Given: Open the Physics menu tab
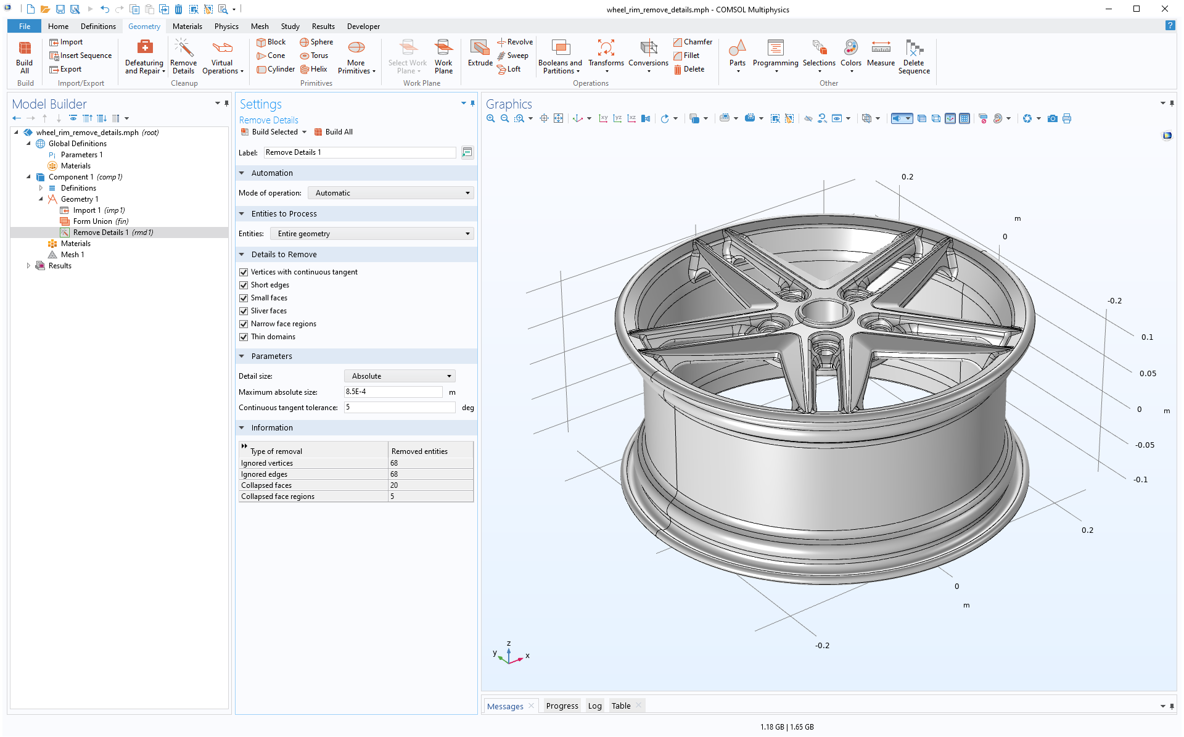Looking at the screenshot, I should point(226,27).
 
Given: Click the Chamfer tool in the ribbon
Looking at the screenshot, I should point(693,42).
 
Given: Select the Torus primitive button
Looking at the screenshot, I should point(314,56).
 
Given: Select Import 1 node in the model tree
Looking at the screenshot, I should point(86,210).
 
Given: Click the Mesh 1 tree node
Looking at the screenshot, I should point(72,255).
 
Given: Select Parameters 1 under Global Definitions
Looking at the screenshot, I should point(81,155).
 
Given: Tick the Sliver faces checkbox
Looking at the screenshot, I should point(244,311).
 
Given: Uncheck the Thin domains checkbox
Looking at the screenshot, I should point(244,337).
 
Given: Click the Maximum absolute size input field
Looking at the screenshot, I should point(393,392).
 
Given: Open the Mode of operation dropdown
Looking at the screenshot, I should point(390,193).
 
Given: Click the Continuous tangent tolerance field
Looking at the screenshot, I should point(399,408).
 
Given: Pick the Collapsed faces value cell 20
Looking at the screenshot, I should point(430,485).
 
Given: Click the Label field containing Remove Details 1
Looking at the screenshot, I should point(360,152).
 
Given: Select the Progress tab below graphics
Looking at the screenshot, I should point(562,706).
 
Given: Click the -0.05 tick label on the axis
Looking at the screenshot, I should point(1145,445).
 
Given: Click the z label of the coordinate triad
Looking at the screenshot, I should point(509,643).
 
